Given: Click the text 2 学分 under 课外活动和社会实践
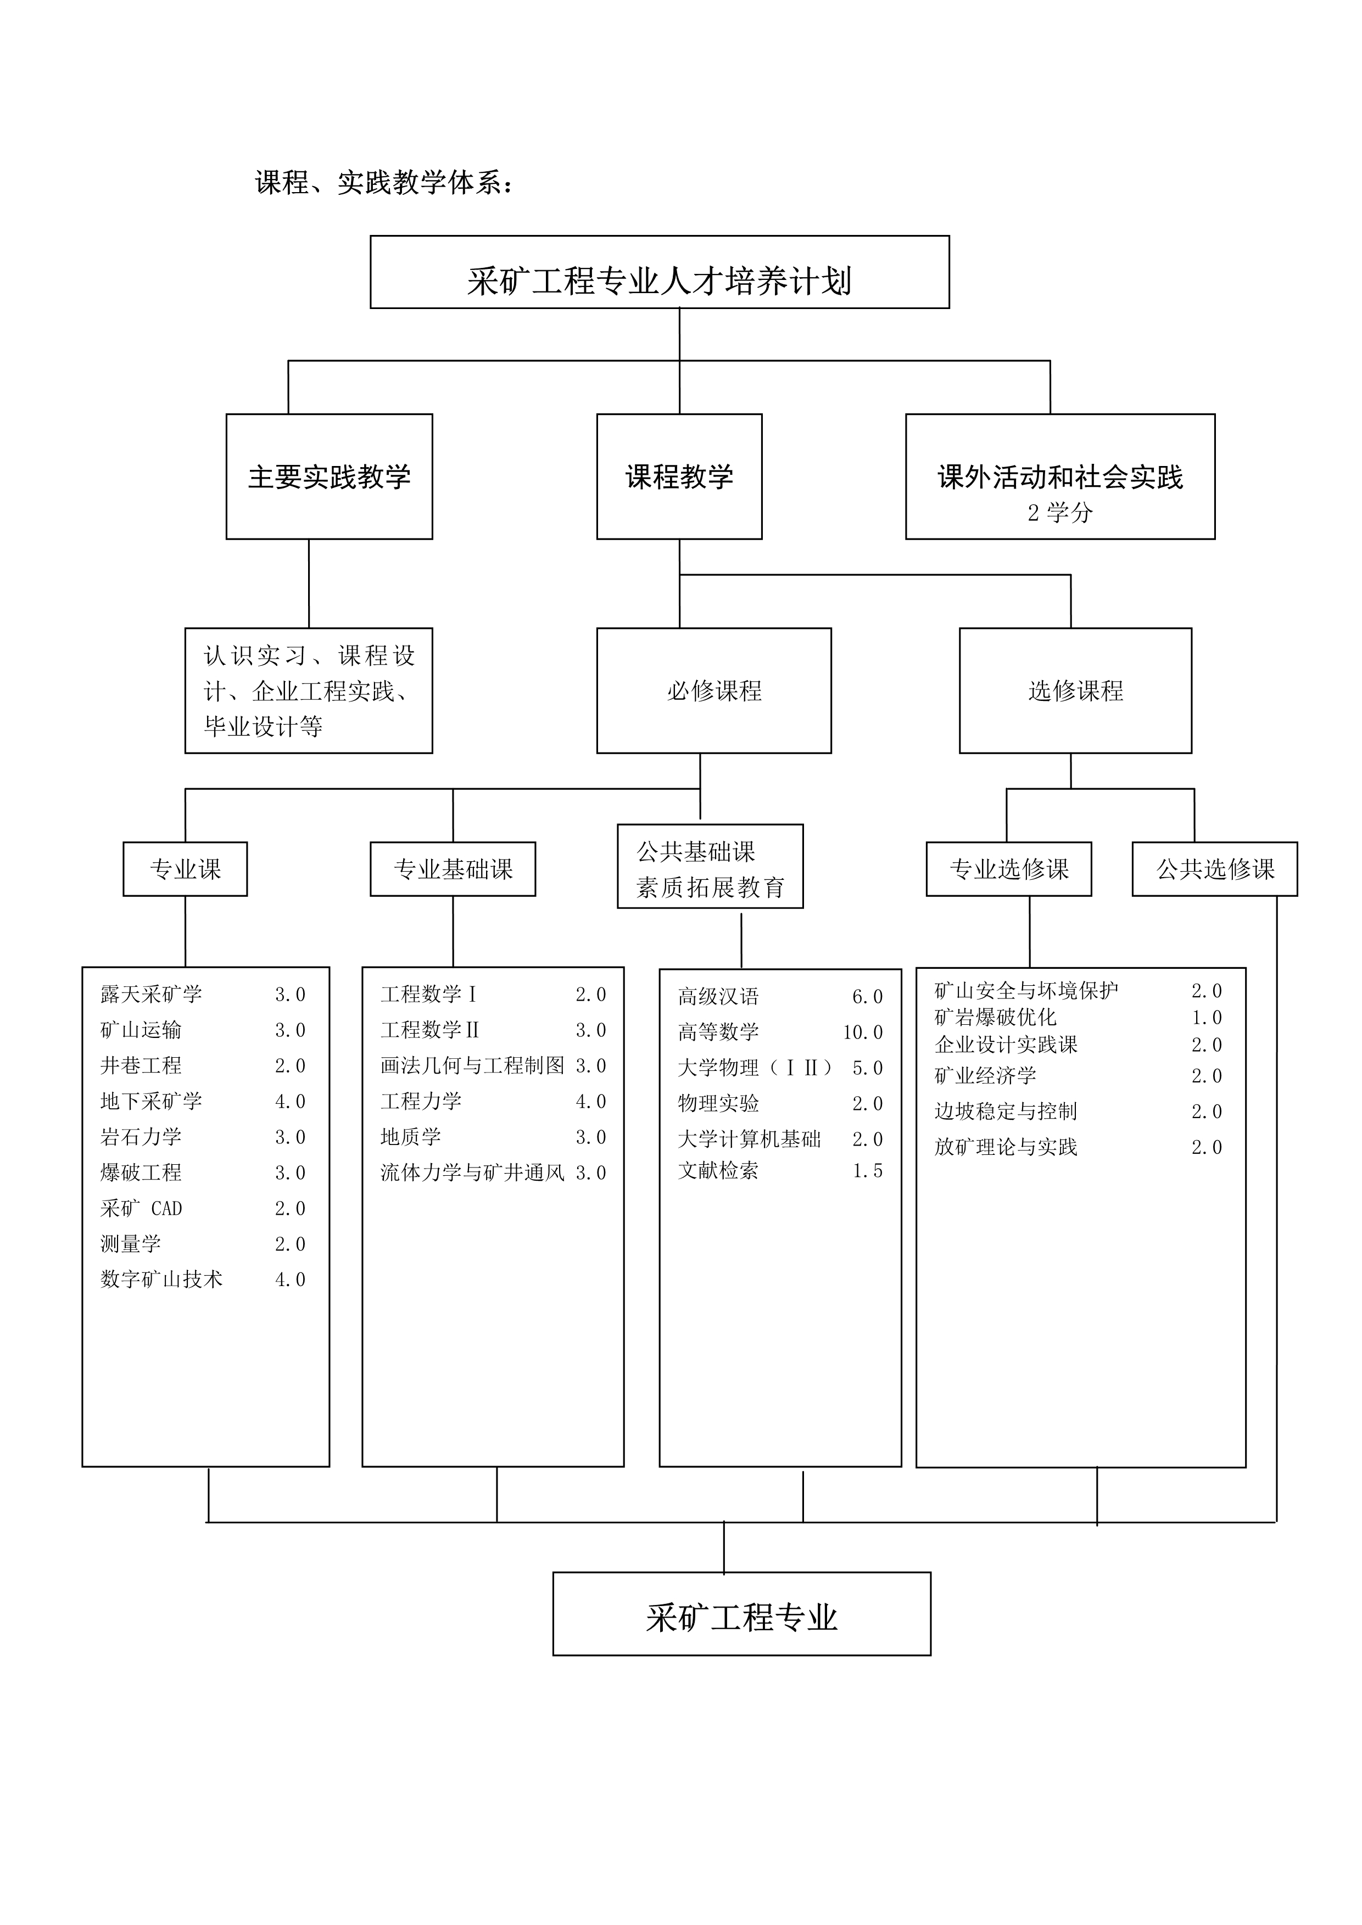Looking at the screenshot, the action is (x=1060, y=512).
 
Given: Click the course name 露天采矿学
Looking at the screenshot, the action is (x=151, y=995).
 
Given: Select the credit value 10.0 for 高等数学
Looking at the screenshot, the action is (x=863, y=1032).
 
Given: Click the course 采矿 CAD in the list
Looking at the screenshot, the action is (x=141, y=1208).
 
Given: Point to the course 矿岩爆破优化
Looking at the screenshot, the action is (x=996, y=1017).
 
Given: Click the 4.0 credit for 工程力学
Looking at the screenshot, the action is (x=590, y=1102).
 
